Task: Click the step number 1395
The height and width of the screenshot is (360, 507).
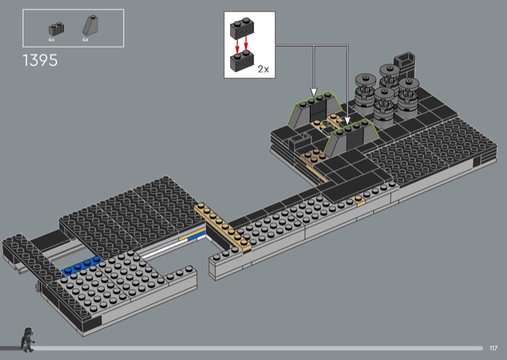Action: [40, 60]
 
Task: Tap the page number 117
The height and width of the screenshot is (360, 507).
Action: [493, 348]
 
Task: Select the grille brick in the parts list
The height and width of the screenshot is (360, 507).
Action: [56, 29]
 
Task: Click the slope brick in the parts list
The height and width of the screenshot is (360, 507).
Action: [91, 25]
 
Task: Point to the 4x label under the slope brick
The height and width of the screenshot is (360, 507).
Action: [86, 40]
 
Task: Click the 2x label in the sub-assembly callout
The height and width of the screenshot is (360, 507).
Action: [263, 69]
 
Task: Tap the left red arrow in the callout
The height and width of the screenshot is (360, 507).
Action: [237, 45]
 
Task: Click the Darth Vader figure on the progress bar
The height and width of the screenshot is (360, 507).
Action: [27, 340]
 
